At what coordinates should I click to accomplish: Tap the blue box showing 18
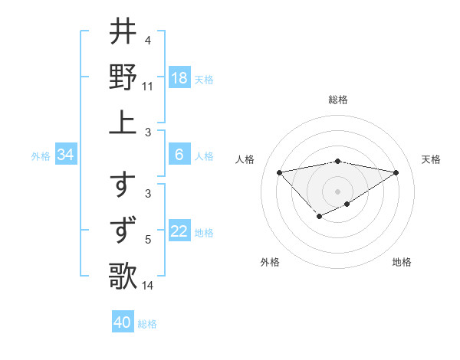tap(179, 78)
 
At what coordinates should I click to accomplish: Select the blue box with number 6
tap(179, 155)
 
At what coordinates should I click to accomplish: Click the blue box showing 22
tap(179, 232)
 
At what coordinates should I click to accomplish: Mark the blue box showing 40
tap(123, 322)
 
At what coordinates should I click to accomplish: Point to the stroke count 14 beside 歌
tap(147, 286)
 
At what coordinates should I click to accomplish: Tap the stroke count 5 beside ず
tap(147, 241)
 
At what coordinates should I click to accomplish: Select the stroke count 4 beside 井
tap(147, 41)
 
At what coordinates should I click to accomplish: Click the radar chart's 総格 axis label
tap(337, 100)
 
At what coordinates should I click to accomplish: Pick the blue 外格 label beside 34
tap(41, 156)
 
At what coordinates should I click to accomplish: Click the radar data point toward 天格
tap(396, 172)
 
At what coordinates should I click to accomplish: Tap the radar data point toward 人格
tap(279, 172)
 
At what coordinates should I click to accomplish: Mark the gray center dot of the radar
tap(337, 191)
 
